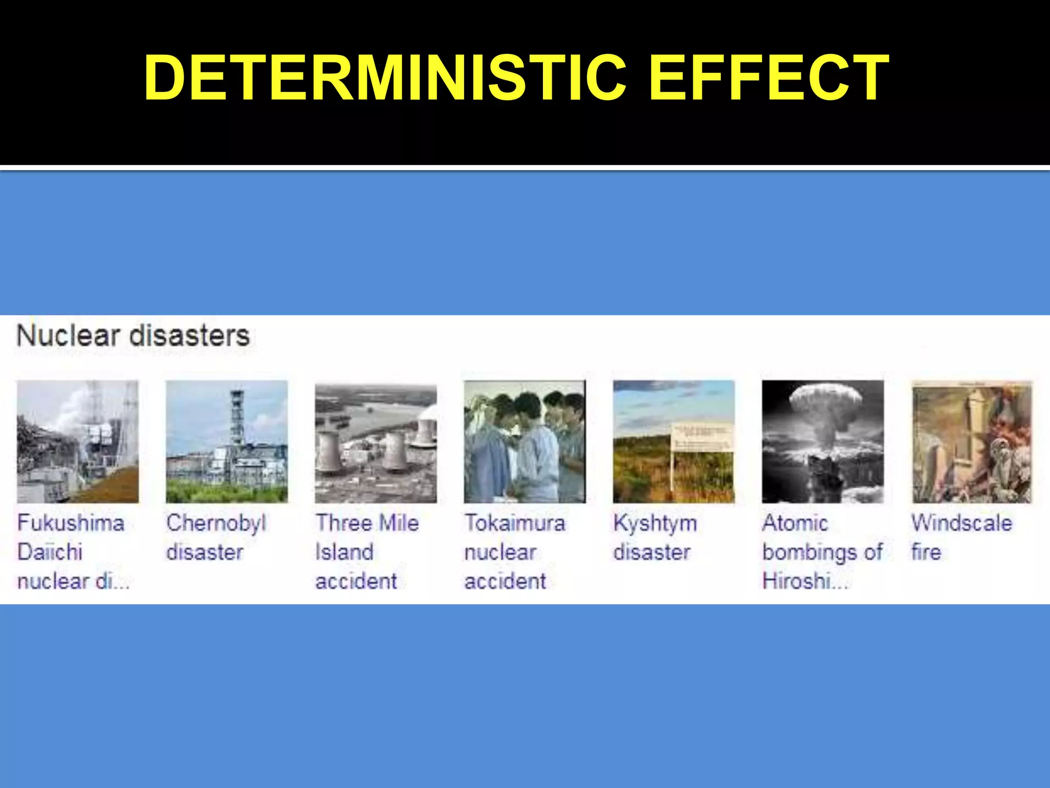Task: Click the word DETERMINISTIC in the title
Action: (385, 78)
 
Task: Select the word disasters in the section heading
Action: (189, 336)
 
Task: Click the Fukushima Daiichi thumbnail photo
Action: (77, 441)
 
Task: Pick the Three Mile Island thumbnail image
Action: (375, 444)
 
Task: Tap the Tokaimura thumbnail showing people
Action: (524, 441)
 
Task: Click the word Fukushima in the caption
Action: (71, 523)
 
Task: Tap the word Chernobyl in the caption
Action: (216, 523)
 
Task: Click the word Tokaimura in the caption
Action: (515, 523)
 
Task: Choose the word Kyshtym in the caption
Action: (655, 523)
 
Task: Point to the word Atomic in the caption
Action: (795, 523)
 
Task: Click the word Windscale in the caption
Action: (962, 523)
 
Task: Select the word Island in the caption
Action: (344, 553)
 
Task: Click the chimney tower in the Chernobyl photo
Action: (236, 416)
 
